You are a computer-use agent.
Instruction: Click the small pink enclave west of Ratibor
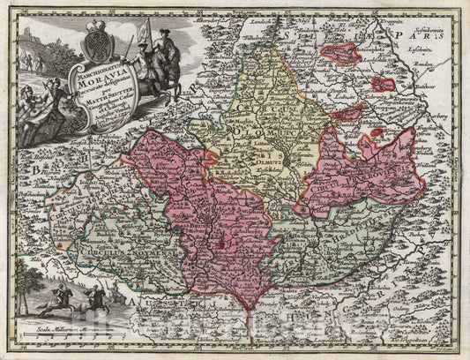pos(384,86)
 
